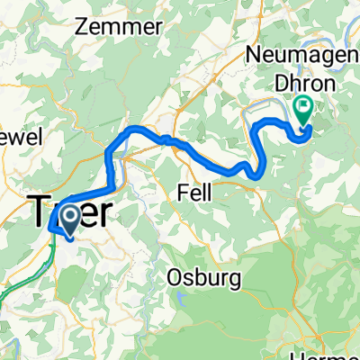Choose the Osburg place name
[204, 279]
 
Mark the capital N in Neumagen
[253, 56]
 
